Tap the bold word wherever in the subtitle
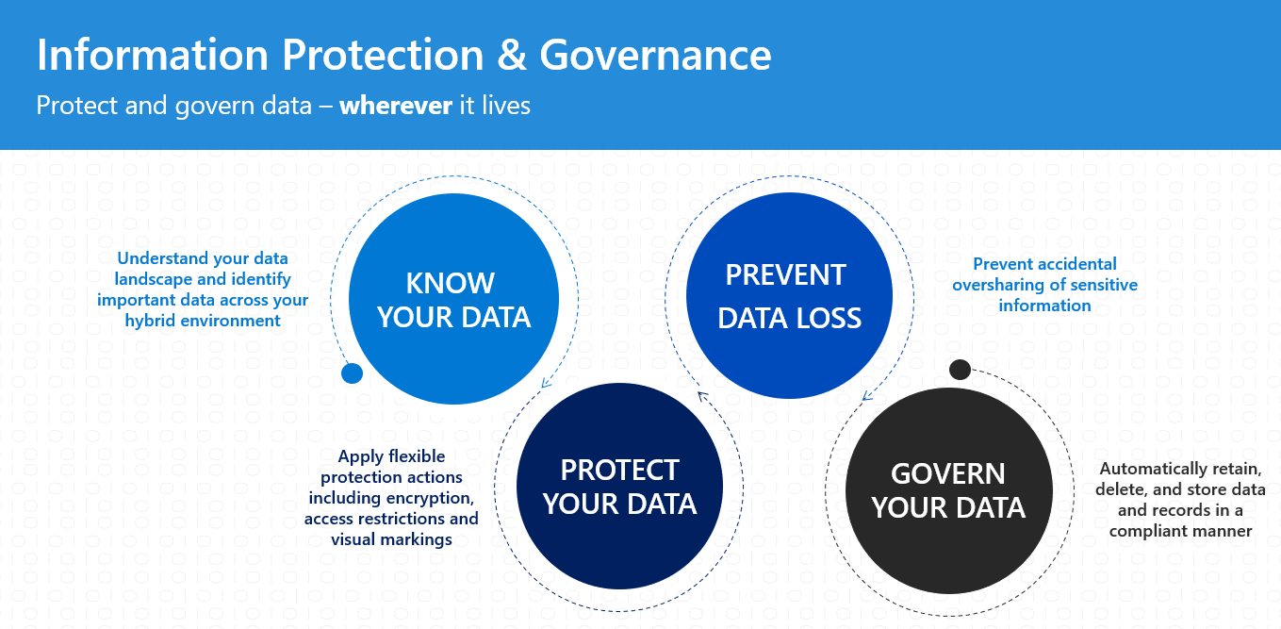pos(396,106)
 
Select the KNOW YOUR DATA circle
pos(453,299)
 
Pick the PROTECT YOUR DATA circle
pos(619,487)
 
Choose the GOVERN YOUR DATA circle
pos(947,490)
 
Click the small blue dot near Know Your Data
pos(352,373)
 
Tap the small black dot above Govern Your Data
pos(960,369)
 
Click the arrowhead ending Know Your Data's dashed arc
pos(544,383)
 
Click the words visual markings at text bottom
pos(391,539)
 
